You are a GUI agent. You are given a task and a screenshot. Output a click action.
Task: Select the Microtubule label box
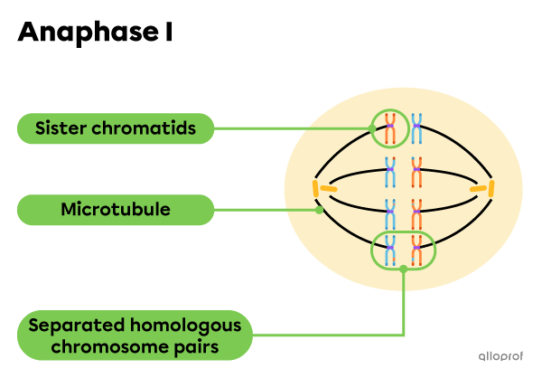[x=116, y=210]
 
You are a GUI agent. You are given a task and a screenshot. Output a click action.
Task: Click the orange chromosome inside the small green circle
[x=390, y=129]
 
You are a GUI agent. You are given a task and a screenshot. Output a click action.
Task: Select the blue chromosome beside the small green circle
[x=416, y=129]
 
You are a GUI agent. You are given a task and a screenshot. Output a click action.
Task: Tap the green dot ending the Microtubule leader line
[x=320, y=210]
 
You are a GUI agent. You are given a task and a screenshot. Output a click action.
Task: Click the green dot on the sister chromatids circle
[x=374, y=128]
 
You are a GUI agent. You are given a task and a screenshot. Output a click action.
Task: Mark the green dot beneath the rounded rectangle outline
[x=403, y=269]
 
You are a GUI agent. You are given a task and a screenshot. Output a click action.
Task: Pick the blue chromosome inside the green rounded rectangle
[x=390, y=250]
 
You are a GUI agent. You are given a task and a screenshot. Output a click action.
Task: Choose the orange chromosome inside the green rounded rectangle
[x=416, y=250]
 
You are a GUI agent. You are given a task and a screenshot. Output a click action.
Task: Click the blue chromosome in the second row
[x=390, y=168]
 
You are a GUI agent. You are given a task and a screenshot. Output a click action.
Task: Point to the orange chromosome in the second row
[x=416, y=168]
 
